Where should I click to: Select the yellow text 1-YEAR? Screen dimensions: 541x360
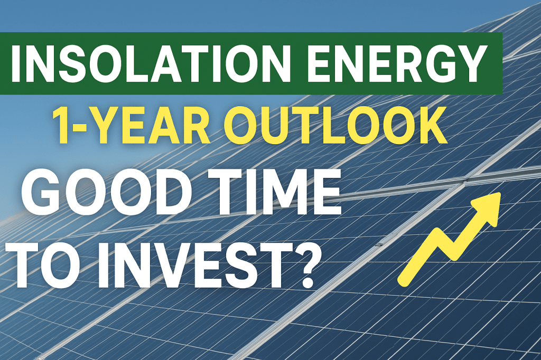point(131,125)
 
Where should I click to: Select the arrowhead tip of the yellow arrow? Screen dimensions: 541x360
point(500,193)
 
